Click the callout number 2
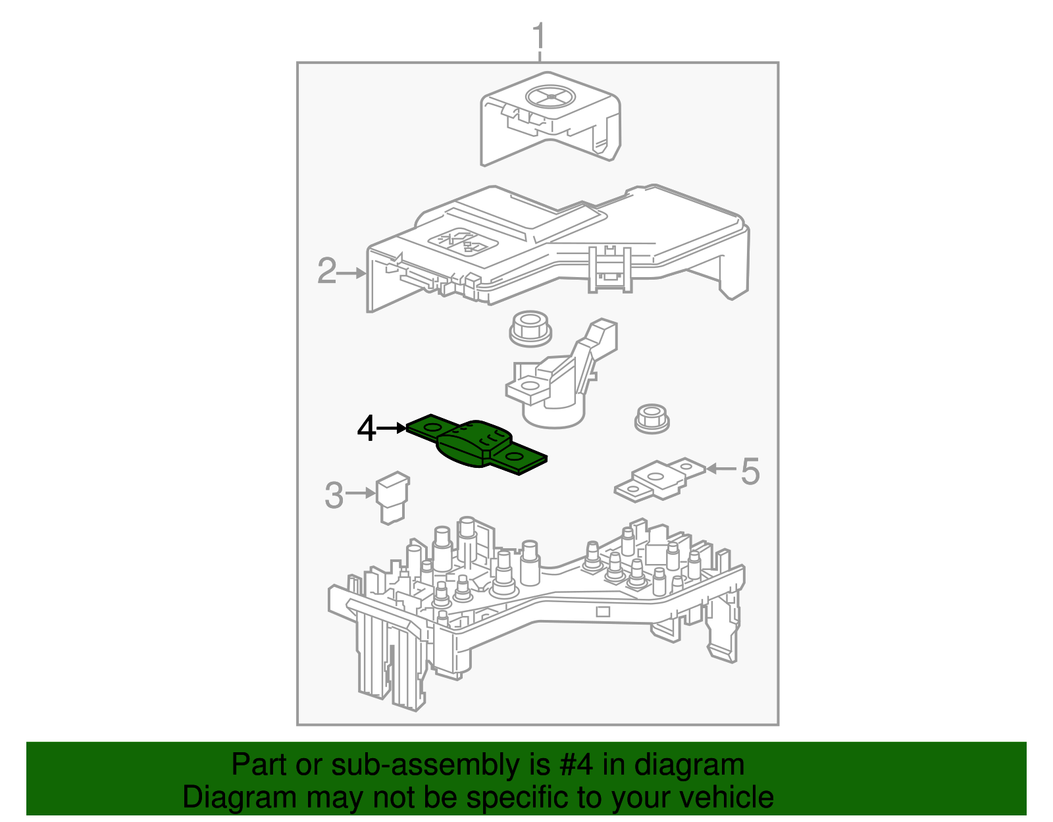click(x=326, y=271)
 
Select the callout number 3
click(x=334, y=495)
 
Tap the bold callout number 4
click(x=367, y=429)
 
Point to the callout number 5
click(x=750, y=472)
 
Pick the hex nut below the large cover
click(x=530, y=327)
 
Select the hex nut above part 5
click(x=652, y=419)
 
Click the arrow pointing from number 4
click(x=393, y=428)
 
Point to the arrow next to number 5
click(x=721, y=469)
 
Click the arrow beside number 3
click(x=361, y=492)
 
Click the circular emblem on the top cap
click(x=550, y=97)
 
